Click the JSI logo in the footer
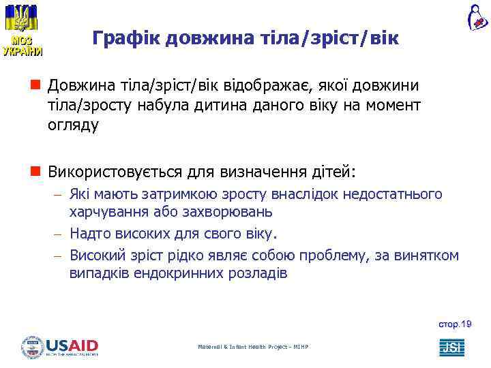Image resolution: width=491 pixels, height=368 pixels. click(451, 347)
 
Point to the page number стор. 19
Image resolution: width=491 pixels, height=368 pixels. click(455, 324)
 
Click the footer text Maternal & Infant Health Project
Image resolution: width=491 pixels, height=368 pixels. click(253, 347)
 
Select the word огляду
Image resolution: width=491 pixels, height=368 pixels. click(73, 125)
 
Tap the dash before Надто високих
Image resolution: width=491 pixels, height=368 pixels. click(58, 234)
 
